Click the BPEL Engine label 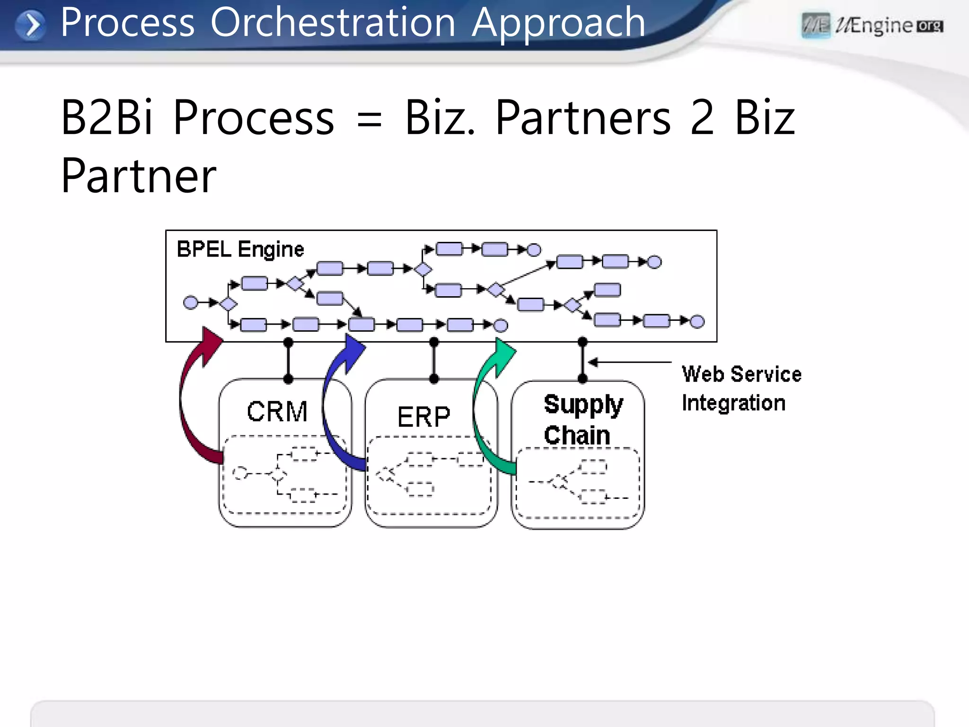tap(240, 249)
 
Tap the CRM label tap(277, 411)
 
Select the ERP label tap(423, 417)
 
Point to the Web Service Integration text tap(741, 389)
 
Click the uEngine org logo tap(872, 26)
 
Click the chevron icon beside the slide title tap(31, 25)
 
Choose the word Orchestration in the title tap(333, 22)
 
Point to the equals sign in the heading tap(369, 119)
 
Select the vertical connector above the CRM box tap(288, 360)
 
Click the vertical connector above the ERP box tap(434, 360)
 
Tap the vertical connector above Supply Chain tap(582, 360)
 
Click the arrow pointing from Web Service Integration tap(629, 362)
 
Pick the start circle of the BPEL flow tap(190, 302)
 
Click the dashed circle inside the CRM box tap(240, 473)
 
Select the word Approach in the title tap(558, 22)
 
